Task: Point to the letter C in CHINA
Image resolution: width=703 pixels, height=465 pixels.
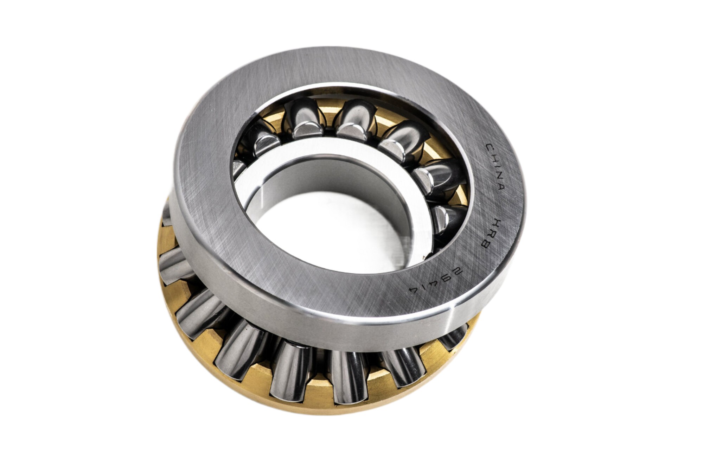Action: coord(490,146)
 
